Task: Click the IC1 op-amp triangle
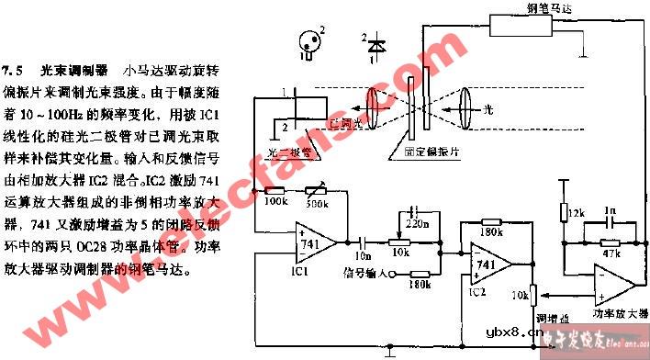click(311, 242)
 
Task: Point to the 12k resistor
click(564, 214)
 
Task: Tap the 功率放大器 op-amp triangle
click(610, 283)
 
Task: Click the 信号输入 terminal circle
click(394, 273)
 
